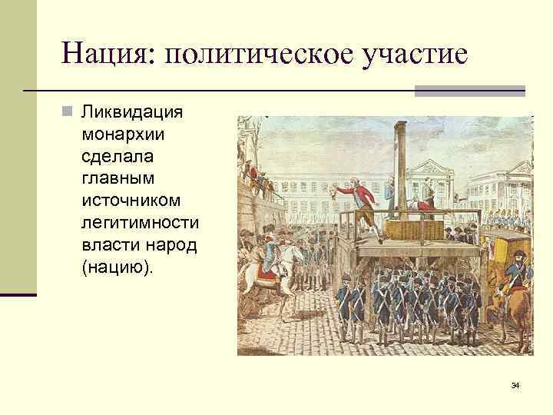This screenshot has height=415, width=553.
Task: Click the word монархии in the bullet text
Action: click(x=123, y=134)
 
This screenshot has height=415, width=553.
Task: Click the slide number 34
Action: click(x=515, y=384)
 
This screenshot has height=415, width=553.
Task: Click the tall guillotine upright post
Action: click(x=399, y=165)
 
